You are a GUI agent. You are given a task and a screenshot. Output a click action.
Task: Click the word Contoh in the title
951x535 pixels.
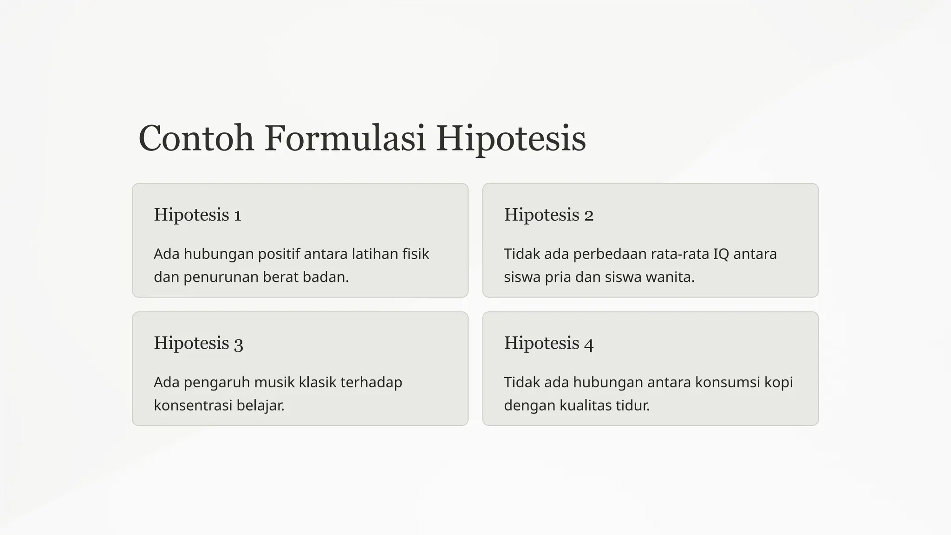(x=196, y=138)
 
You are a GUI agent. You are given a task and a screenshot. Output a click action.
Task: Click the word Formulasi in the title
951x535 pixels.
(x=345, y=138)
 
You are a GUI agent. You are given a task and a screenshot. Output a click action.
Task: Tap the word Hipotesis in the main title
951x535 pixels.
(x=511, y=138)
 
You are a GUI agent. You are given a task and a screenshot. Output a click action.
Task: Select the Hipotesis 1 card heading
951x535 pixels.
(x=197, y=215)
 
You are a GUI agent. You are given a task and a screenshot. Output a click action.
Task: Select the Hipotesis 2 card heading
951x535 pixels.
(x=548, y=215)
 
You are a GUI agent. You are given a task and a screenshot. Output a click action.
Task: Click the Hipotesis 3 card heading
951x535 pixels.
(x=198, y=343)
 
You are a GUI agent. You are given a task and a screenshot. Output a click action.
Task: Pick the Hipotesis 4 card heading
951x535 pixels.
(x=548, y=343)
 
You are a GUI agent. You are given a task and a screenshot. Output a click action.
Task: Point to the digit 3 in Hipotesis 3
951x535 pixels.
(x=238, y=344)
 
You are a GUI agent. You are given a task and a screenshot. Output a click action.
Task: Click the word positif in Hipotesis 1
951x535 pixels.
(x=279, y=254)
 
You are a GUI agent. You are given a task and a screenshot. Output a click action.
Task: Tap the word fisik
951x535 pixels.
(x=415, y=254)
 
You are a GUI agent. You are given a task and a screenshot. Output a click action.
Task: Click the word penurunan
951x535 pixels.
(x=221, y=277)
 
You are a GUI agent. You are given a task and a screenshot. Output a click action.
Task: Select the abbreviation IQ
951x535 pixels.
(x=721, y=254)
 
